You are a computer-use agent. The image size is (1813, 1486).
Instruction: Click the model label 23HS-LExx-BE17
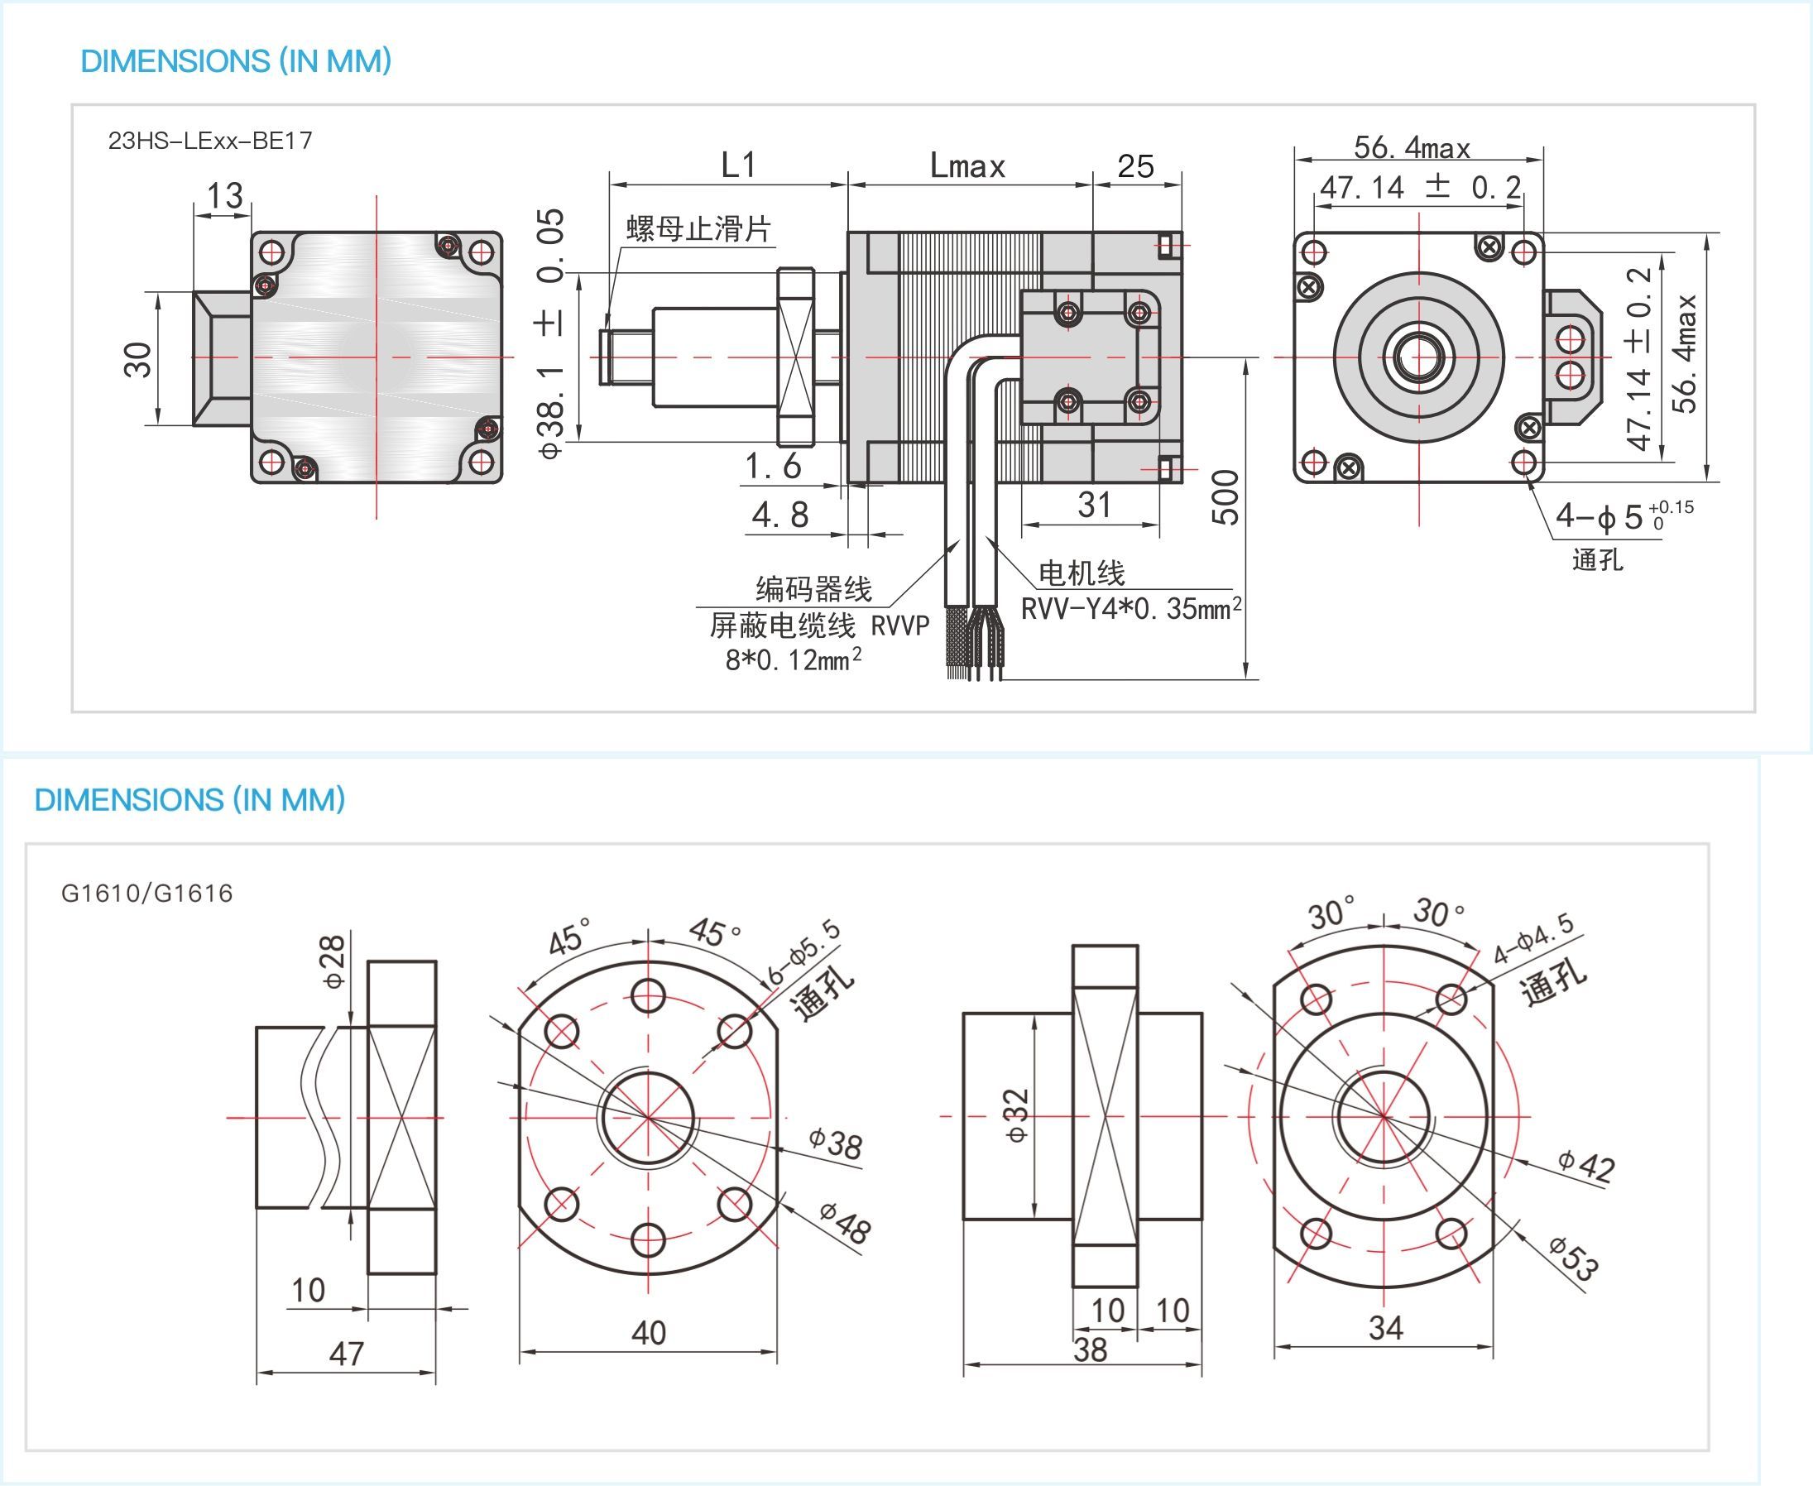pyautogui.click(x=209, y=141)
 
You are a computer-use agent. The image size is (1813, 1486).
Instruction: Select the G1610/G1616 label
pyautogui.click(x=146, y=894)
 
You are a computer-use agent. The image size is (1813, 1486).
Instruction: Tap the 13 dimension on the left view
pyautogui.click(x=224, y=196)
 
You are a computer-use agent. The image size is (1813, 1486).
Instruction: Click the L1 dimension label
pyautogui.click(x=738, y=165)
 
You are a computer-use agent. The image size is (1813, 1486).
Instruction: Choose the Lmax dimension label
pyautogui.click(x=967, y=166)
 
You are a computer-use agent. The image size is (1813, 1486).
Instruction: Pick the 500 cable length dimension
pyautogui.click(x=1225, y=497)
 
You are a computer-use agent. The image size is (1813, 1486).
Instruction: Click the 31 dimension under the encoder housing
pyautogui.click(x=1094, y=505)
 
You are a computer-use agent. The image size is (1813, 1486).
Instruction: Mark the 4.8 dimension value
pyautogui.click(x=779, y=515)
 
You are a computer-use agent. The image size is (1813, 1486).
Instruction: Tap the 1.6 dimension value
pyautogui.click(x=773, y=467)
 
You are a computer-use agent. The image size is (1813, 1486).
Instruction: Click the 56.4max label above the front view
pyautogui.click(x=1412, y=148)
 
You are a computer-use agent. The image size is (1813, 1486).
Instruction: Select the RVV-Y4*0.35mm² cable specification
pyautogui.click(x=1130, y=609)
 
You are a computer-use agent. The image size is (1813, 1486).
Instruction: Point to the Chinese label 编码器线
pyautogui.click(x=813, y=589)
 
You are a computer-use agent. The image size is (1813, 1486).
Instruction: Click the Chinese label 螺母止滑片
pyautogui.click(x=698, y=228)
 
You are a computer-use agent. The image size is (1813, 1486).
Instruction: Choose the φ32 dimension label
pyautogui.click(x=1017, y=1115)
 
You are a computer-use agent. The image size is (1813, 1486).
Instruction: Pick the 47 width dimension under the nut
pyautogui.click(x=346, y=1354)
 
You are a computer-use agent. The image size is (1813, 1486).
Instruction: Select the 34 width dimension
pyautogui.click(x=1385, y=1328)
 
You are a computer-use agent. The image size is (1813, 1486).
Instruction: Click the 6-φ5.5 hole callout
pyautogui.click(x=803, y=952)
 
